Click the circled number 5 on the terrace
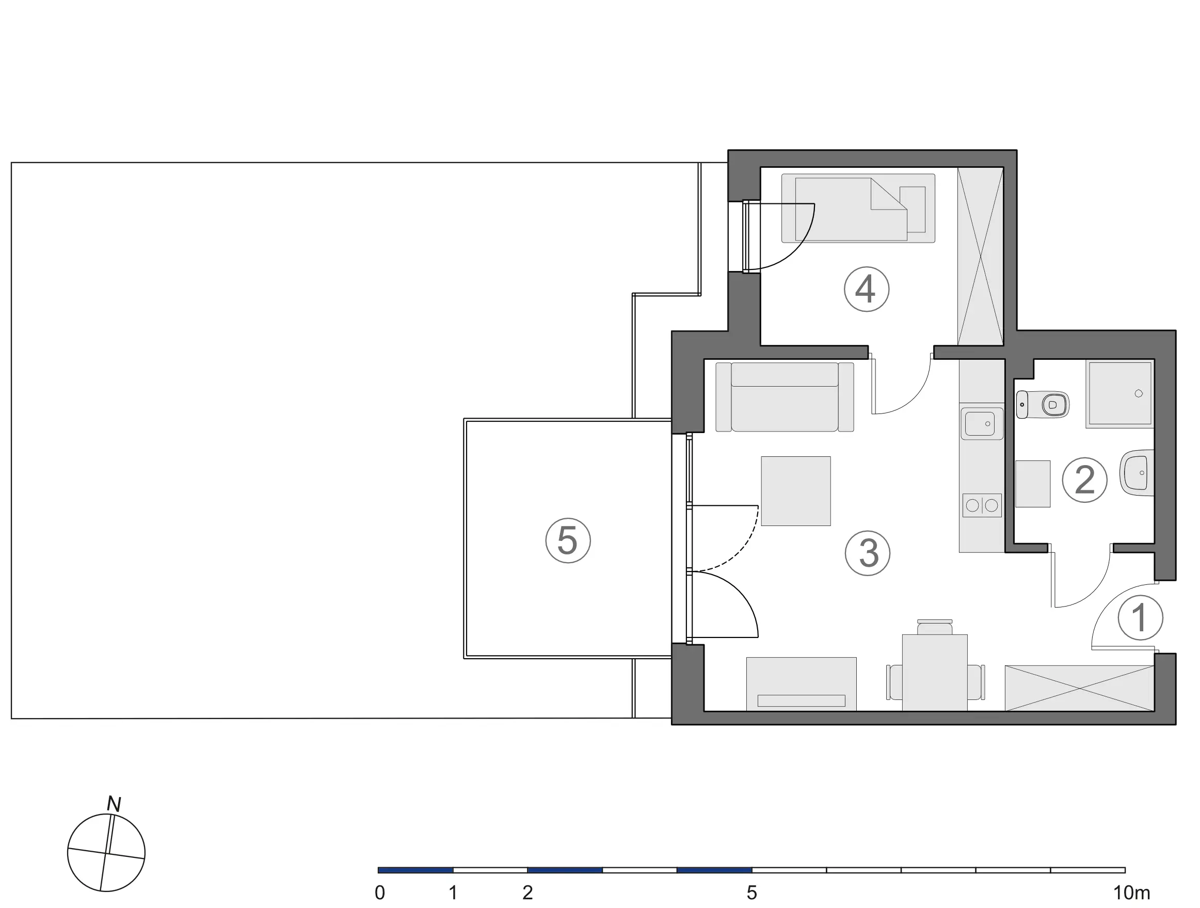point(567,540)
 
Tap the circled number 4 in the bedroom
point(867,289)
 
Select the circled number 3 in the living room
point(868,553)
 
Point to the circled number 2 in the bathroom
point(1084,480)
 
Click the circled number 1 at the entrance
point(1140,617)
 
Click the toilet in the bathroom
point(1042,404)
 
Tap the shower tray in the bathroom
point(1119,394)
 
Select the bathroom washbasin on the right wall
point(1137,472)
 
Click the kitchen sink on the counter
point(982,423)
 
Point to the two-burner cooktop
point(982,505)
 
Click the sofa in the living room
point(785,397)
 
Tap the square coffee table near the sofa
point(796,491)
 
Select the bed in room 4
point(858,208)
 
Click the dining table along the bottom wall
point(935,672)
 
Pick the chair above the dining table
point(934,627)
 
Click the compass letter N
point(114,804)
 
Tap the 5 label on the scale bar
point(751,893)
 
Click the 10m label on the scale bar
point(1132,893)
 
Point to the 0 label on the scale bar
point(380,893)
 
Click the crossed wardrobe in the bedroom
point(980,256)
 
